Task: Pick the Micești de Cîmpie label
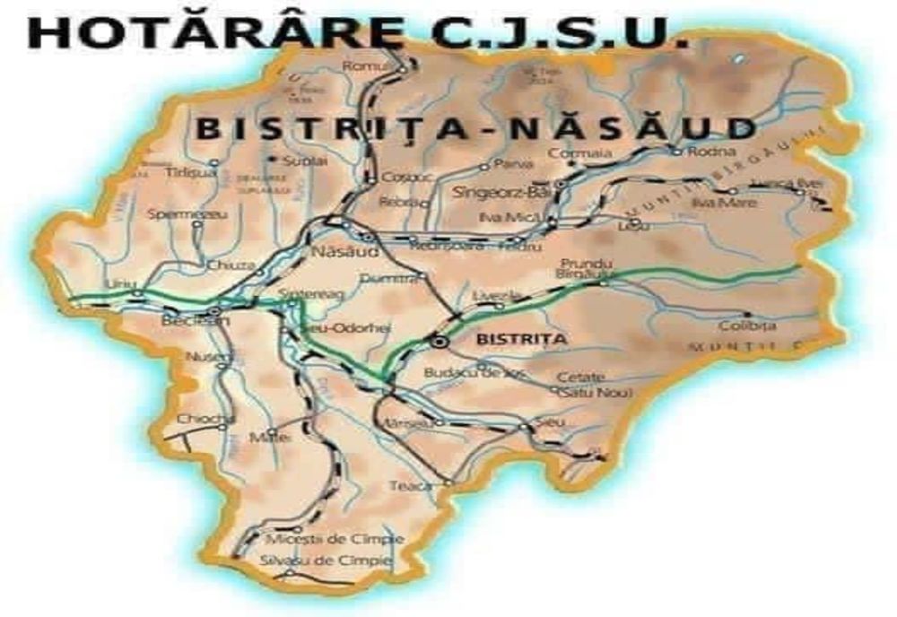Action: click(x=335, y=540)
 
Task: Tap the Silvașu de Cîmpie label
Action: click(x=325, y=561)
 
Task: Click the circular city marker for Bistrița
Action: click(x=439, y=341)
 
